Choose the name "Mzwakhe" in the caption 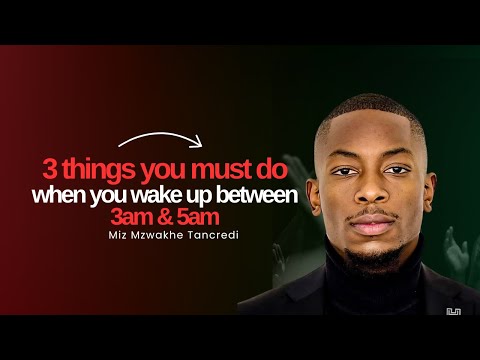coord(158,238)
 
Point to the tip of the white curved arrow coord(201,142)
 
